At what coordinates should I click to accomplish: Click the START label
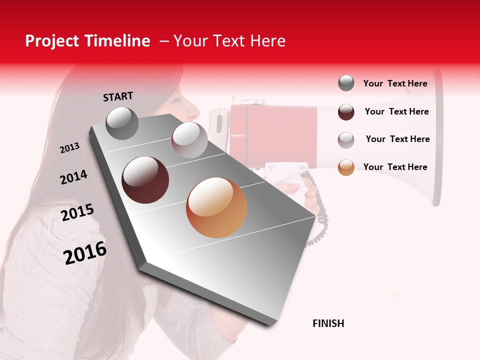(x=118, y=96)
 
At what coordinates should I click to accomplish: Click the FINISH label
(x=328, y=323)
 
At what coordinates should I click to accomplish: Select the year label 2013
(x=69, y=148)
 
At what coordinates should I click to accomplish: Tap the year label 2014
(x=73, y=177)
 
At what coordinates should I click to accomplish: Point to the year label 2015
(x=77, y=212)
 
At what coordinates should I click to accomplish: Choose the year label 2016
(x=85, y=253)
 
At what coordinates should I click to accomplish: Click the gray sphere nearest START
(x=122, y=123)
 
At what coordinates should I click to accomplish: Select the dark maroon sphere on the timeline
(x=145, y=180)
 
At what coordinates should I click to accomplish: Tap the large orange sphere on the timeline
(x=216, y=207)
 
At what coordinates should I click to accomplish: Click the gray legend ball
(x=346, y=83)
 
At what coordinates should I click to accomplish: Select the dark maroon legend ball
(x=346, y=111)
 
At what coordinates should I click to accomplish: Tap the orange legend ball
(x=346, y=167)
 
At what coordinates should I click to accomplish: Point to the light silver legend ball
(x=346, y=139)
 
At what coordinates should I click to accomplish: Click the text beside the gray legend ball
(x=395, y=83)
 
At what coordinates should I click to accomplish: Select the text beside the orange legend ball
(x=395, y=167)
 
